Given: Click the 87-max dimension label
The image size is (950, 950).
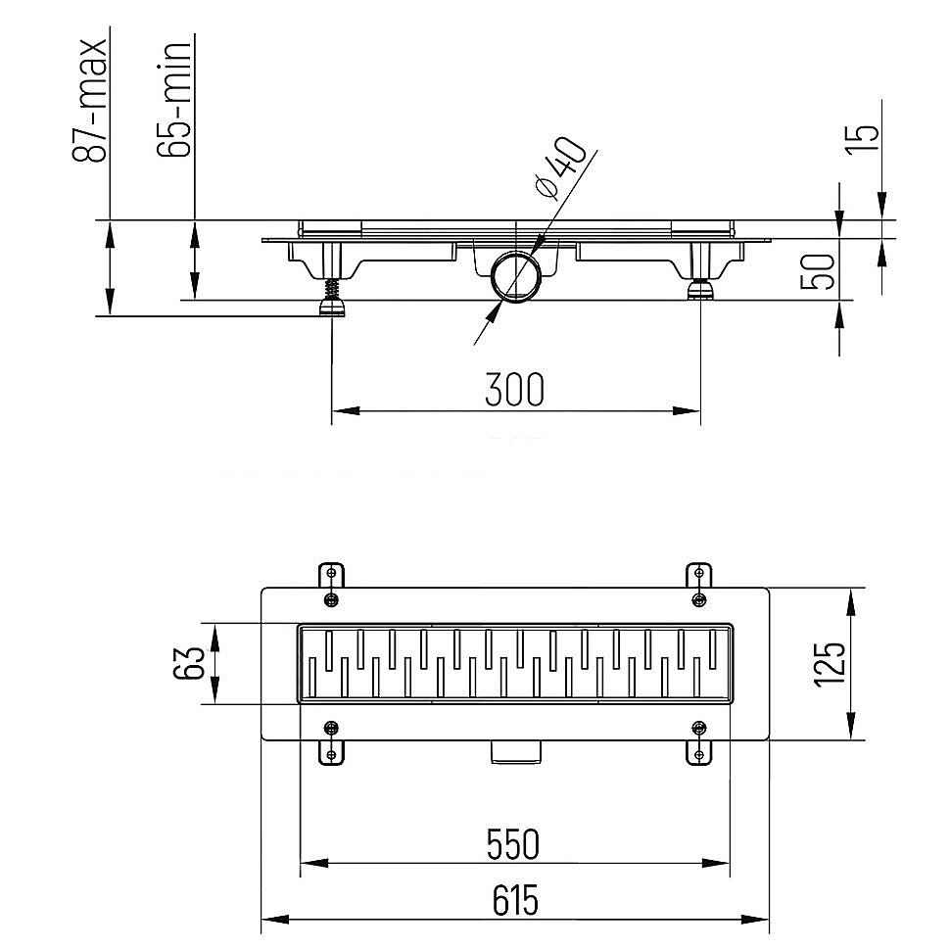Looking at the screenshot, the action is (90, 101).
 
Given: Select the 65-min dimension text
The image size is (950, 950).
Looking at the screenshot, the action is (174, 101).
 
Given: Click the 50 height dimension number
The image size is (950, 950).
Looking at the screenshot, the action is (818, 272).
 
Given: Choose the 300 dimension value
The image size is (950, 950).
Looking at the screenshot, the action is (515, 389).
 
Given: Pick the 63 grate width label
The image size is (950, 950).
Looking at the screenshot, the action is (190, 663).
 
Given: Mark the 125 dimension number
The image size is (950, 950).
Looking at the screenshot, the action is (829, 663).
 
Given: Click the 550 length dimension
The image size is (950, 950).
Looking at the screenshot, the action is (512, 844).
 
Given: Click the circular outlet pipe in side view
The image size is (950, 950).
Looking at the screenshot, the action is (514, 276).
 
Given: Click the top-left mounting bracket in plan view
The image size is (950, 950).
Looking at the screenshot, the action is (331, 586).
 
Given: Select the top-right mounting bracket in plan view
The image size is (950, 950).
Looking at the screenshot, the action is (699, 586).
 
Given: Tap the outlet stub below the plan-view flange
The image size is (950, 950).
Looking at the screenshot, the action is (515, 751).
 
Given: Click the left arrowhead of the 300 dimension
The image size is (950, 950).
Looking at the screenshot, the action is (346, 410).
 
